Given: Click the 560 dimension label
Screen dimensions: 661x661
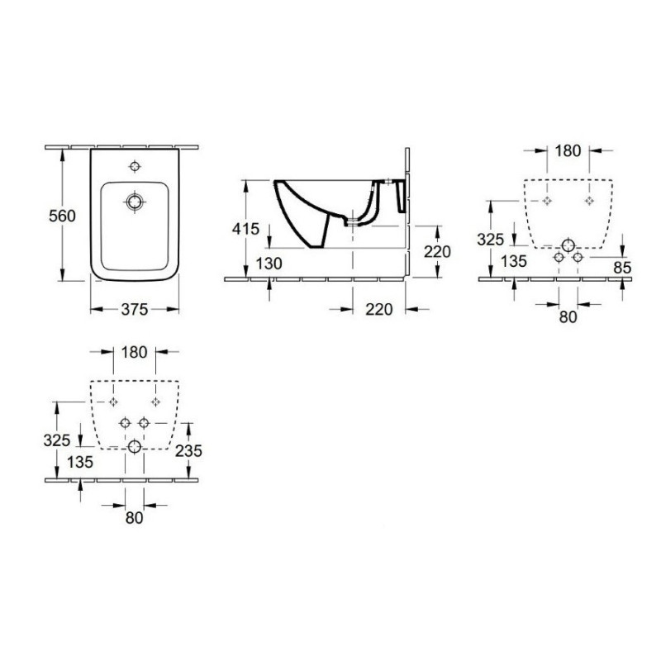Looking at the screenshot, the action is coord(62,216).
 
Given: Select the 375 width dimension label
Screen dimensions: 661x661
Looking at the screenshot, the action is coord(135,309).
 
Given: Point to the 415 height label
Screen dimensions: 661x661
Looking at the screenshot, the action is coord(245,229).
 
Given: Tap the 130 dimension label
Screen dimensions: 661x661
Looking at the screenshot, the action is coord(269,264).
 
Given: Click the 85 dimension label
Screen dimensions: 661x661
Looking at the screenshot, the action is coord(623,267).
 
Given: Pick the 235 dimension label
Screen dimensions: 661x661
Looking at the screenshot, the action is coord(188,450).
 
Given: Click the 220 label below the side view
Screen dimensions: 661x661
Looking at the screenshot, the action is coord(379,309).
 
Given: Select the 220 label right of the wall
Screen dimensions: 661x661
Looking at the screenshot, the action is coord(437,252).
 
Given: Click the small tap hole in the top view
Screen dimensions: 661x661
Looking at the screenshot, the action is coord(135,167).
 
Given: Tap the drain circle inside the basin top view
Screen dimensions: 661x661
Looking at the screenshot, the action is coord(135,202).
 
